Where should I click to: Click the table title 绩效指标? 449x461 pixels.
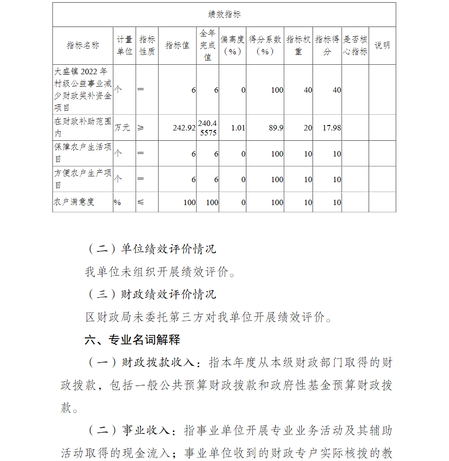click(x=224, y=14)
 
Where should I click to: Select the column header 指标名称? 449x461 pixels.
click(x=83, y=45)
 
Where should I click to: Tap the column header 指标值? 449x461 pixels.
click(x=177, y=45)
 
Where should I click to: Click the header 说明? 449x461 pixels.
click(x=382, y=45)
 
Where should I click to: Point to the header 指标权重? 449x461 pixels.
click(x=298, y=45)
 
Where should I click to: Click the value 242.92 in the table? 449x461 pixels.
click(x=184, y=128)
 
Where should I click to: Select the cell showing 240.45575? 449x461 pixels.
click(x=207, y=128)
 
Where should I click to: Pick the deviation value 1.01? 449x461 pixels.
click(x=238, y=128)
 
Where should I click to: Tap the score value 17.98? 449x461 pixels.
click(x=332, y=128)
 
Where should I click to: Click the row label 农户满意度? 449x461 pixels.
click(x=75, y=202)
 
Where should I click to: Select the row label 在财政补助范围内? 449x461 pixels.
click(x=83, y=128)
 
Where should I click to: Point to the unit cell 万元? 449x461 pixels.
click(x=123, y=128)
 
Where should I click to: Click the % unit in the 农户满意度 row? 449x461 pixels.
click(x=117, y=202)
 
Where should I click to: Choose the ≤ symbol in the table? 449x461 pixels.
click(x=141, y=202)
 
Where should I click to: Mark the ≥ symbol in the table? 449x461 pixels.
click(x=141, y=128)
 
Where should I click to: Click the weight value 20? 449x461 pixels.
click(x=308, y=128)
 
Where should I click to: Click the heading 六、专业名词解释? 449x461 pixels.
click(x=132, y=340)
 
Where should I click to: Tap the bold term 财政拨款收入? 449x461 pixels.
click(x=158, y=363)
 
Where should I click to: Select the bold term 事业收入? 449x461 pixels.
click(x=146, y=430)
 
